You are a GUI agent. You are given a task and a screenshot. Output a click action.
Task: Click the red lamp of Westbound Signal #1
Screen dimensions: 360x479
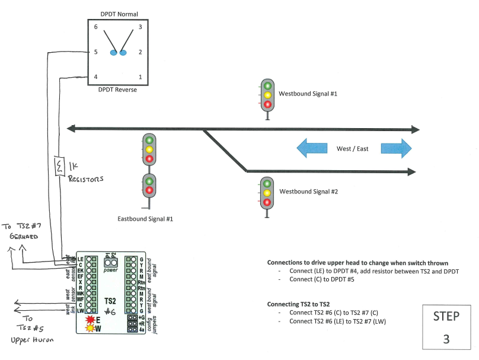click(267, 104)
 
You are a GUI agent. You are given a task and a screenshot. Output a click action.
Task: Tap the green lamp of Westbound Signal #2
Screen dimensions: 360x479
click(267, 183)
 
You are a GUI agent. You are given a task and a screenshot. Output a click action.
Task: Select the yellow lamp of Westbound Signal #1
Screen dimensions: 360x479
click(267, 95)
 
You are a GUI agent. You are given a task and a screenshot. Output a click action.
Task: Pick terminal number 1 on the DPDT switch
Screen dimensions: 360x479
click(140, 77)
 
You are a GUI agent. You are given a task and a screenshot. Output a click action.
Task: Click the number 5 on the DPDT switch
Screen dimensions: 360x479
click(95, 52)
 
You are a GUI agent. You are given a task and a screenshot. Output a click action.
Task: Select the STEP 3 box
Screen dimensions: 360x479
click(446, 327)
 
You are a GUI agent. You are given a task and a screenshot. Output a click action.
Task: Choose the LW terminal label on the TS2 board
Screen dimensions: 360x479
click(80, 310)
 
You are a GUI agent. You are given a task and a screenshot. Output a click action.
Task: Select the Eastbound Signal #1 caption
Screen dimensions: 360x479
click(145, 219)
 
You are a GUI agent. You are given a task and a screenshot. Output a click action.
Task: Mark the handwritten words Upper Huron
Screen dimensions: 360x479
click(33, 341)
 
